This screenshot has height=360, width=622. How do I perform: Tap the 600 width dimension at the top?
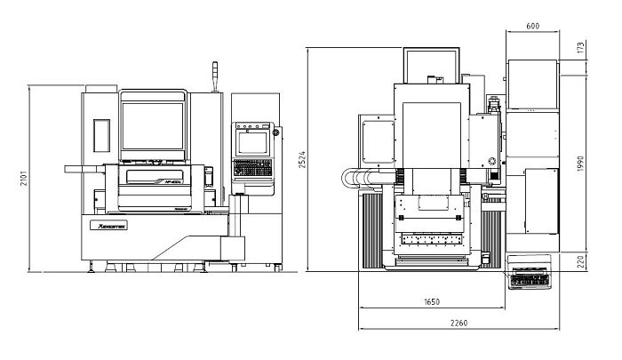pyautogui.click(x=532, y=27)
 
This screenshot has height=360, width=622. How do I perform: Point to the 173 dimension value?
pyautogui.click(x=582, y=46)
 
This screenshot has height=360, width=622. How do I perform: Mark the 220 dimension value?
pyautogui.click(x=582, y=262)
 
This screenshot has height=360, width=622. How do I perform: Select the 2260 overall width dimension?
pyautogui.click(x=459, y=323)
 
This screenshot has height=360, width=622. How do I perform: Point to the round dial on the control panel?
pyautogui.click(x=275, y=133)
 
